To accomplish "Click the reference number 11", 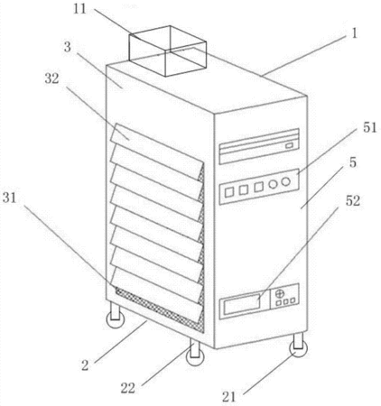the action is pyautogui.click(x=79, y=9).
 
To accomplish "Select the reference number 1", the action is pyautogui.click(x=355, y=33).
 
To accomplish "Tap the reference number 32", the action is pyautogui.click(x=51, y=78).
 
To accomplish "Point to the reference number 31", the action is pyautogui.click(x=9, y=198).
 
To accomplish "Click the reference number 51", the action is pyautogui.click(x=369, y=128).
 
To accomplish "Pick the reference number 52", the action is pyautogui.click(x=353, y=201).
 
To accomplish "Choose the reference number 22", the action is pyautogui.click(x=128, y=388).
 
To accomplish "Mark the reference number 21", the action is pyautogui.click(x=228, y=397).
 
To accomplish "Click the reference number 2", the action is pyautogui.click(x=85, y=365).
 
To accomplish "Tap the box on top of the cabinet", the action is pyautogui.click(x=168, y=51).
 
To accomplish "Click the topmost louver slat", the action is pyautogui.click(x=156, y=151).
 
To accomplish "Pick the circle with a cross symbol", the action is pyautogui.click(x=280, y=293).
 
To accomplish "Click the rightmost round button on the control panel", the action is pyautogui.click(x=285, y=181).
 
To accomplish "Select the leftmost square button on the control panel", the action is pyautogui.click(x=229, y=192).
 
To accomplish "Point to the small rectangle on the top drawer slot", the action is pyautogui.click(x=289, y=145).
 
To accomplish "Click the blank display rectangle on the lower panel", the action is pyautogui.click(x=242, y=303).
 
